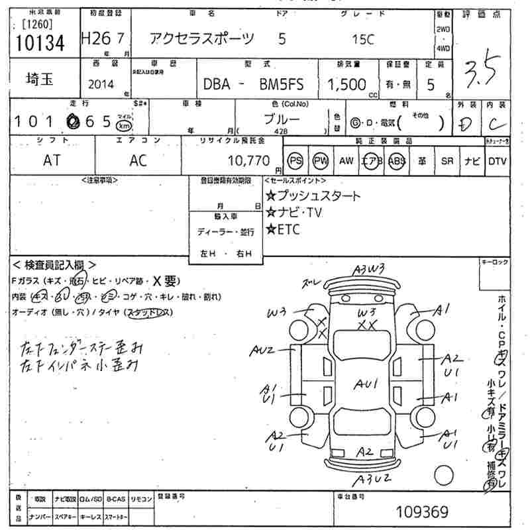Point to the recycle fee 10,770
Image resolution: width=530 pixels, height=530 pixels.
248,160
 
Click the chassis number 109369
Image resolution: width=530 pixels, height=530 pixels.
422,512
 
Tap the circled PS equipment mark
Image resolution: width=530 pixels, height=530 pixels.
295,161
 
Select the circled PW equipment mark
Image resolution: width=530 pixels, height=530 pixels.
321,161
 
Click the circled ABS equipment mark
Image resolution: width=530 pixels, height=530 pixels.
397,161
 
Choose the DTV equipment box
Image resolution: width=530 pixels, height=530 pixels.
498,161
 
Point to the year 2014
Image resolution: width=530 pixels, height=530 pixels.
100,85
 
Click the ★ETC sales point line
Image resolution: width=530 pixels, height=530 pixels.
284,230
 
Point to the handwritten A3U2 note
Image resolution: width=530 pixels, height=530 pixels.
370,478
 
